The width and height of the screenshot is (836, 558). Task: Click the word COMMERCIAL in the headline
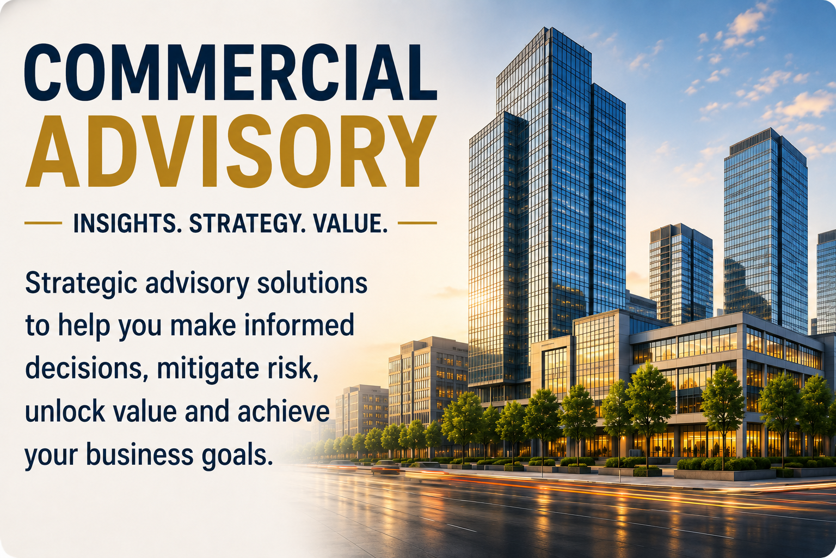[230, 72]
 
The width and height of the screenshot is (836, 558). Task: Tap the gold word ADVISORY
[231, 151]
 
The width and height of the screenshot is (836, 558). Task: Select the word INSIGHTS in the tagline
[125, 223]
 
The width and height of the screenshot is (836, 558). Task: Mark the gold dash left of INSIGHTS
[44, 223]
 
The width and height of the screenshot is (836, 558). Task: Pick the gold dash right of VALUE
[417, 223]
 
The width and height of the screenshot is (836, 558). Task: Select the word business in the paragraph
[140, 454]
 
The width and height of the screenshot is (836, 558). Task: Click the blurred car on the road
[385, 468]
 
